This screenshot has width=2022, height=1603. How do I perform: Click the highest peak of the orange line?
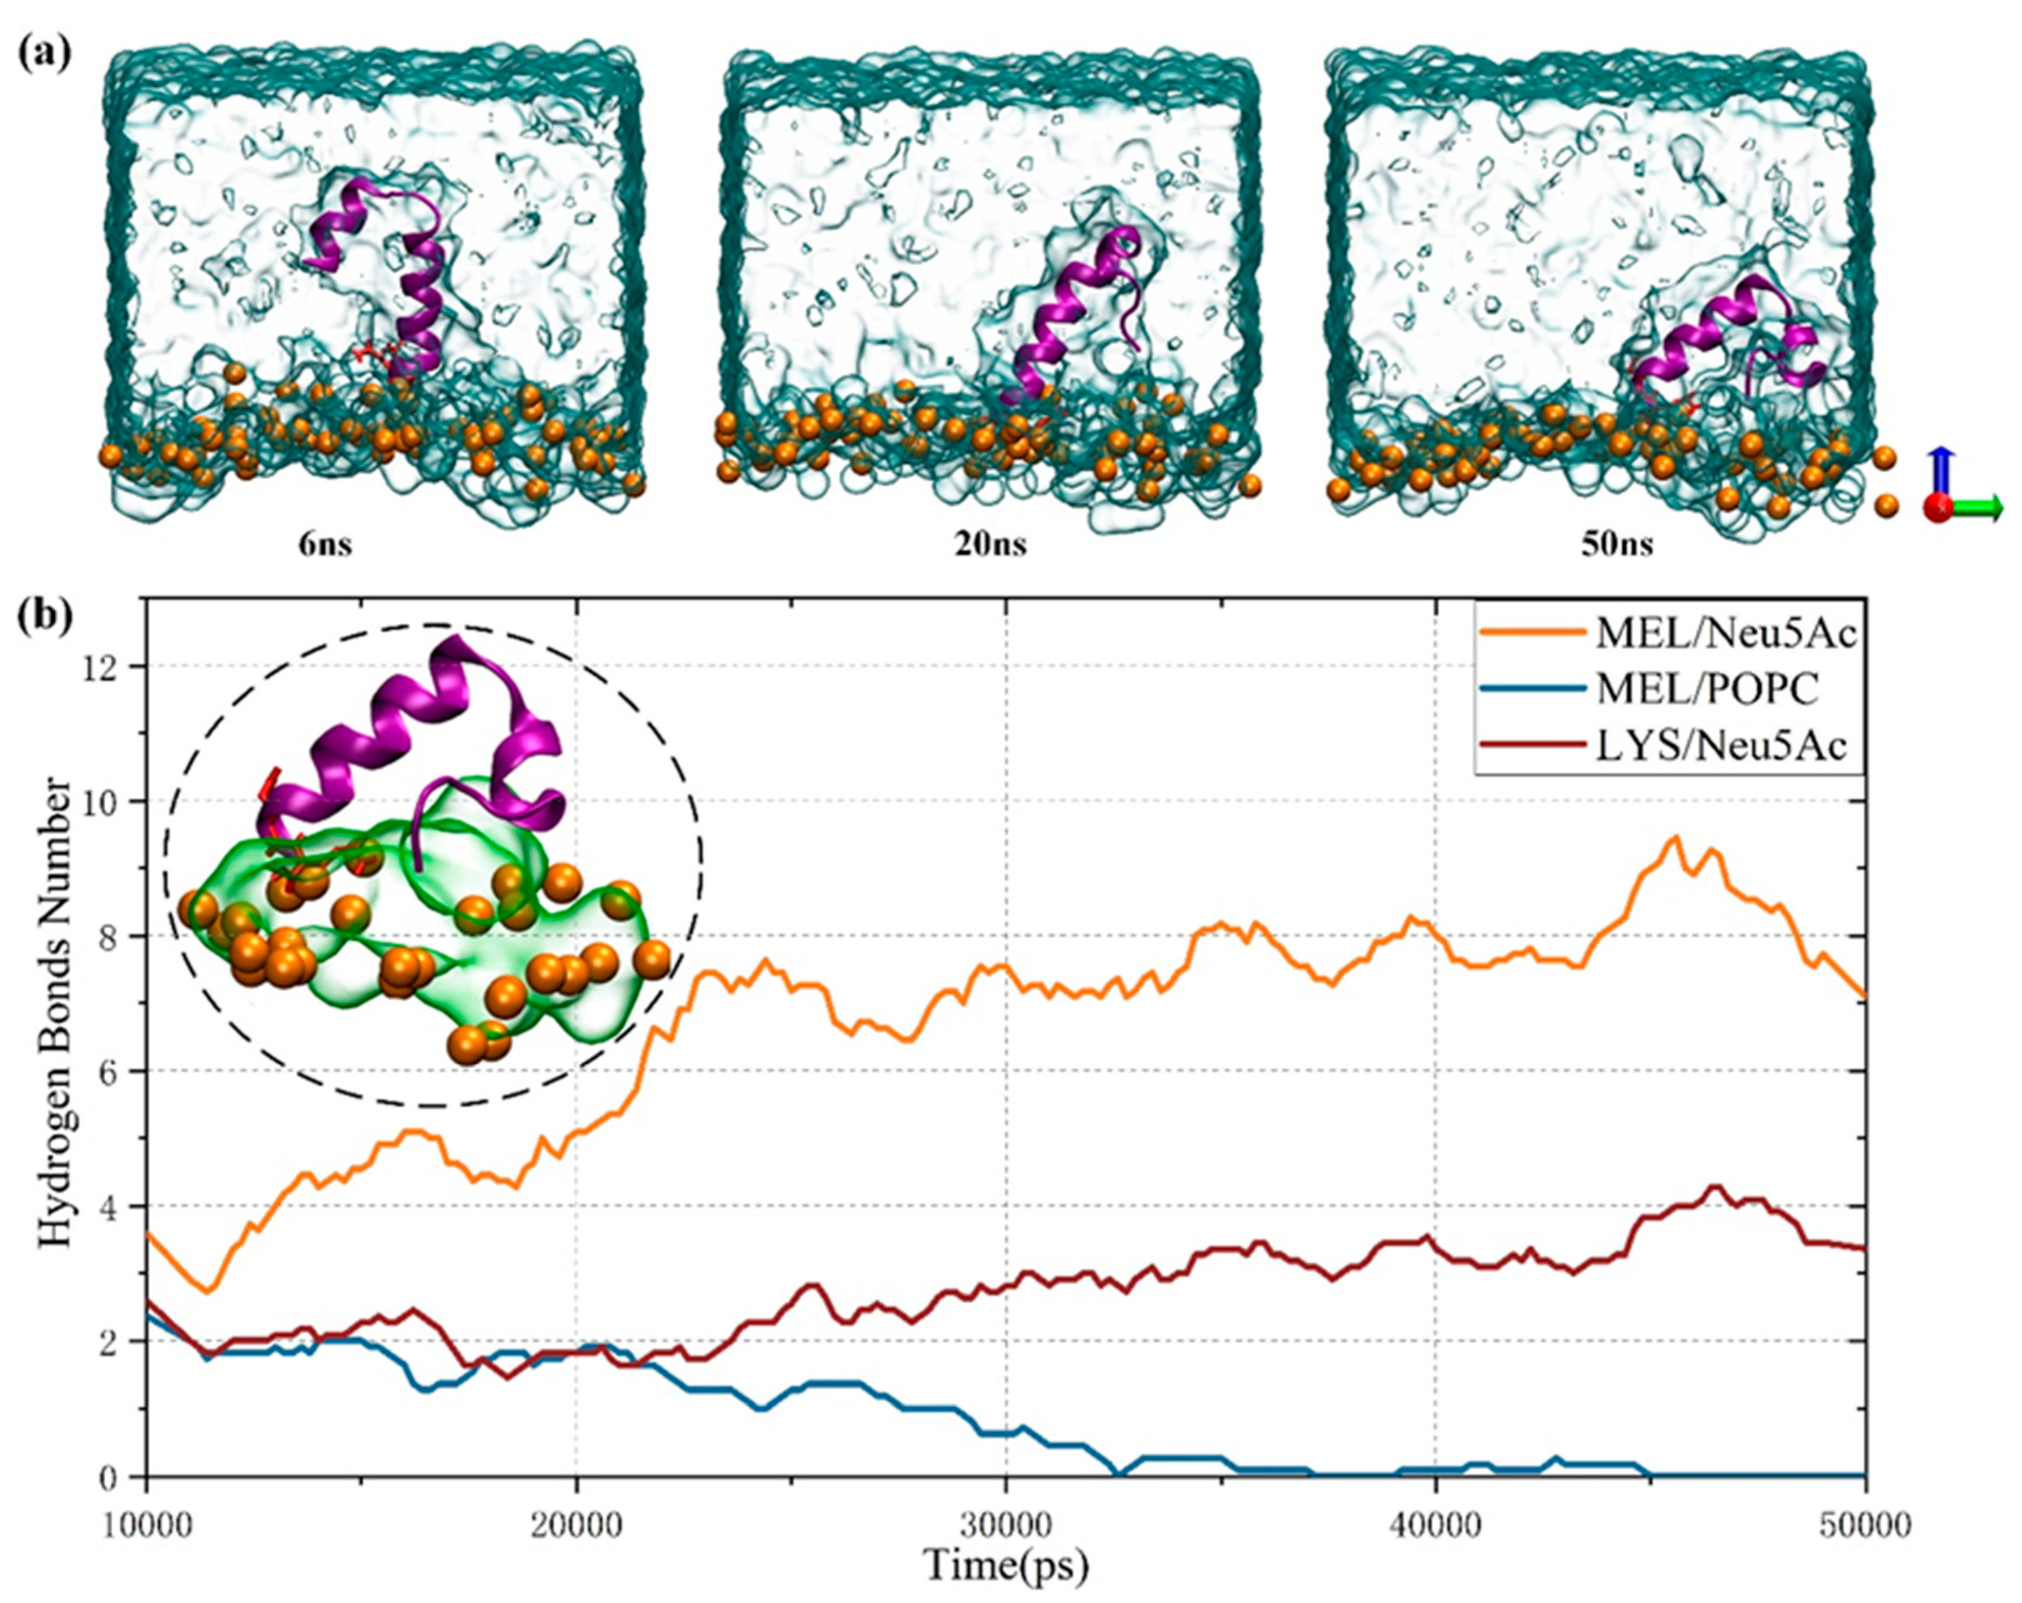(1674, 837)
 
